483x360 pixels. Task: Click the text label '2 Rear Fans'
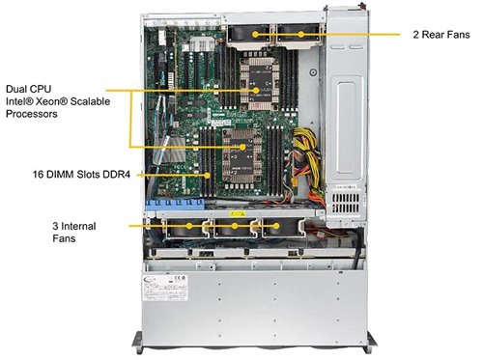(441, 35)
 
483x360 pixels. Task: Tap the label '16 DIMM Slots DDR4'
(81, 175)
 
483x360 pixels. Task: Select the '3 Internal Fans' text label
(74, 232)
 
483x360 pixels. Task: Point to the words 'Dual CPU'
(29, 89)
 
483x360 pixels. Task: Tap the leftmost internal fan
(185, 228)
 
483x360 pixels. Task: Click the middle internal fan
(235, 228)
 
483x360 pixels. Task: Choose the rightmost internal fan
(281, 228)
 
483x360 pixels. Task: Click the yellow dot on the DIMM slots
(208, 176)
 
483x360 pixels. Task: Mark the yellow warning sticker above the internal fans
(238, 213)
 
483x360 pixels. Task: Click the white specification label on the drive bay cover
(165, 288)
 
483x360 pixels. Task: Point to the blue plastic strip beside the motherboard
(175, 204)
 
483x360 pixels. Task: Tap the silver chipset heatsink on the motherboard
(173, 151)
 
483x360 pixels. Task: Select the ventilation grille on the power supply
(346, 203)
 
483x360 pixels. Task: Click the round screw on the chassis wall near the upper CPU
(313, 72)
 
